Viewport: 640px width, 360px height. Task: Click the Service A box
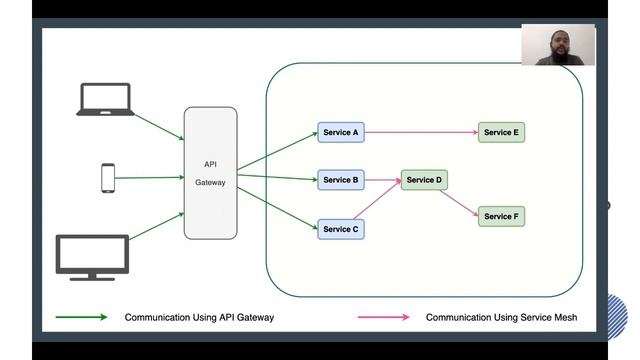[339, 132]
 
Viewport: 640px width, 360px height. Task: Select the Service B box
[340, 180]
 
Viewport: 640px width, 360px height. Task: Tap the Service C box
[339, 229]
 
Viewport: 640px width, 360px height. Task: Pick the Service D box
[423, 180]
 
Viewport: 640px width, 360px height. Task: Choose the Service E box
[501, 132]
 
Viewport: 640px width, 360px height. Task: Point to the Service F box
[501, 216]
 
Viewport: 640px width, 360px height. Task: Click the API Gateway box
[211, 173]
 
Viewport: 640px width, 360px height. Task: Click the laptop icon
[105, 99]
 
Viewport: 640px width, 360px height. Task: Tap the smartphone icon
[108, 178]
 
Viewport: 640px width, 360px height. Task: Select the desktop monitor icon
[92, 256]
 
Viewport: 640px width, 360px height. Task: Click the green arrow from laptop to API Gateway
[158, 125]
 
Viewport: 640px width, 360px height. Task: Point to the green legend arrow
[83, 317]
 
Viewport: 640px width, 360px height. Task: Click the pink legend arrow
[384, 317]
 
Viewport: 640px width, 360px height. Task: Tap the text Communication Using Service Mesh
[501, 317]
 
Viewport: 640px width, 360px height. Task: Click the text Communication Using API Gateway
[199, 317]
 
